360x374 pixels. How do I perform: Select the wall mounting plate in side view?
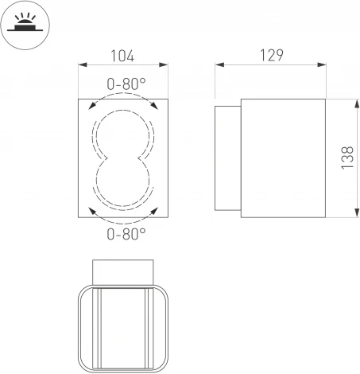point(228,158)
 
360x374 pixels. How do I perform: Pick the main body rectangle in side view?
point(282,158)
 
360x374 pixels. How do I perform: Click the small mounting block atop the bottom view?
point(124,271)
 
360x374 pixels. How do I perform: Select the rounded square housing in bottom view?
point(124,328)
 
